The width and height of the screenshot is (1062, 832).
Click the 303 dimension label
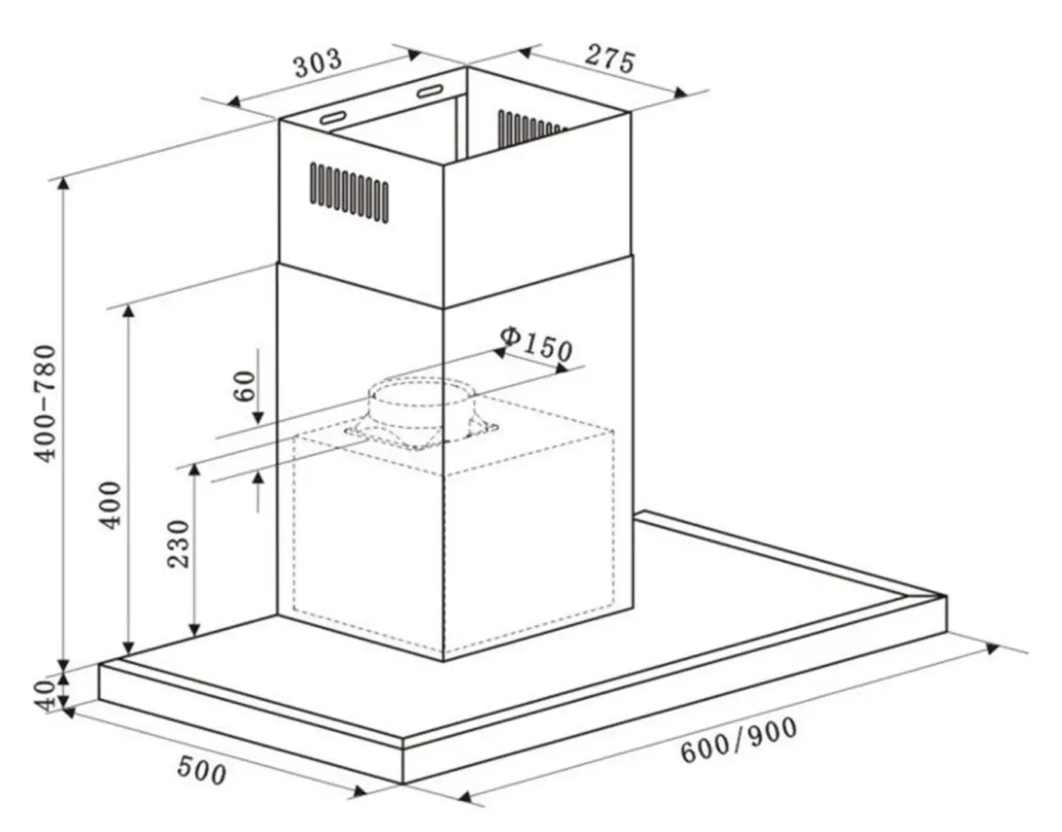coord(318,62)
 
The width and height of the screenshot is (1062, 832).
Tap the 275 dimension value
coord(609,59)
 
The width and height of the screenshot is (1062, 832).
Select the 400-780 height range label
coord(47,404)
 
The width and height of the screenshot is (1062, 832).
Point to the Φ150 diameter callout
coord(536,344)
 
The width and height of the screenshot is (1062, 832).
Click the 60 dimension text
coord(245,386)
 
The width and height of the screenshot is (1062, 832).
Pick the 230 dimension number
coord(178,544)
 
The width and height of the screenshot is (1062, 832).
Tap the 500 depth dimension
coord(201,770)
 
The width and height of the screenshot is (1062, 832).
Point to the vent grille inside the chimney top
coord(531,128)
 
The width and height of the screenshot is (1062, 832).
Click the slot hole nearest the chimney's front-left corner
coord(333,118)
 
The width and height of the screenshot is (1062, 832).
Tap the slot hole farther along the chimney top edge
coord(430,91)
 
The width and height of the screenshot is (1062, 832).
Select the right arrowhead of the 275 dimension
coord(679,92)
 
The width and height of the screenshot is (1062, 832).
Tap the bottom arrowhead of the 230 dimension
coord(195,629)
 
